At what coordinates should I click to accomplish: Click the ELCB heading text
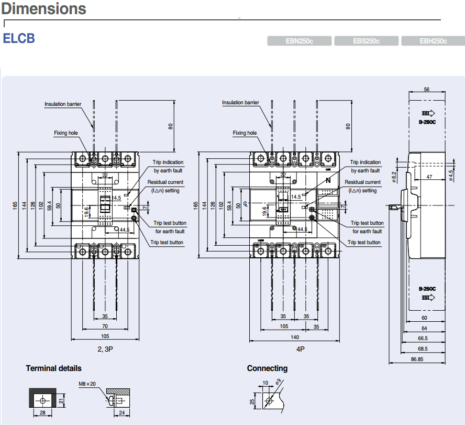[19, 39]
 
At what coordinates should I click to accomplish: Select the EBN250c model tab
[299, 41]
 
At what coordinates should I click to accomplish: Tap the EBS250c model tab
[366, 41]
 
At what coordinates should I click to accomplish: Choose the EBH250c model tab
[433, 41]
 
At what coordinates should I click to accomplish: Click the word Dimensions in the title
[43, 9]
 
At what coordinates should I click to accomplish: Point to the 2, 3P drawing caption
[105, 348]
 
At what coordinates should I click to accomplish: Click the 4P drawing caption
[300, 348]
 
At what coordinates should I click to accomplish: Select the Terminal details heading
[53, 368]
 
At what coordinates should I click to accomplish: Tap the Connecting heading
[267, 368]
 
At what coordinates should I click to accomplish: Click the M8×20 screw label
[87, 384]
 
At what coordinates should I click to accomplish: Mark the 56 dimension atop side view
[426, 90]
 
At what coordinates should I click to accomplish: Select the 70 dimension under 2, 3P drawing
[105, 326]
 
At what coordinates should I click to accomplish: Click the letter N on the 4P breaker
[328, 180]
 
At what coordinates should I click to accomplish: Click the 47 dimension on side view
[429, 177]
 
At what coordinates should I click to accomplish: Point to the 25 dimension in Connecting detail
[252, 401]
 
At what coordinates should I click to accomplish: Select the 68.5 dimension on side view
[423, 348]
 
